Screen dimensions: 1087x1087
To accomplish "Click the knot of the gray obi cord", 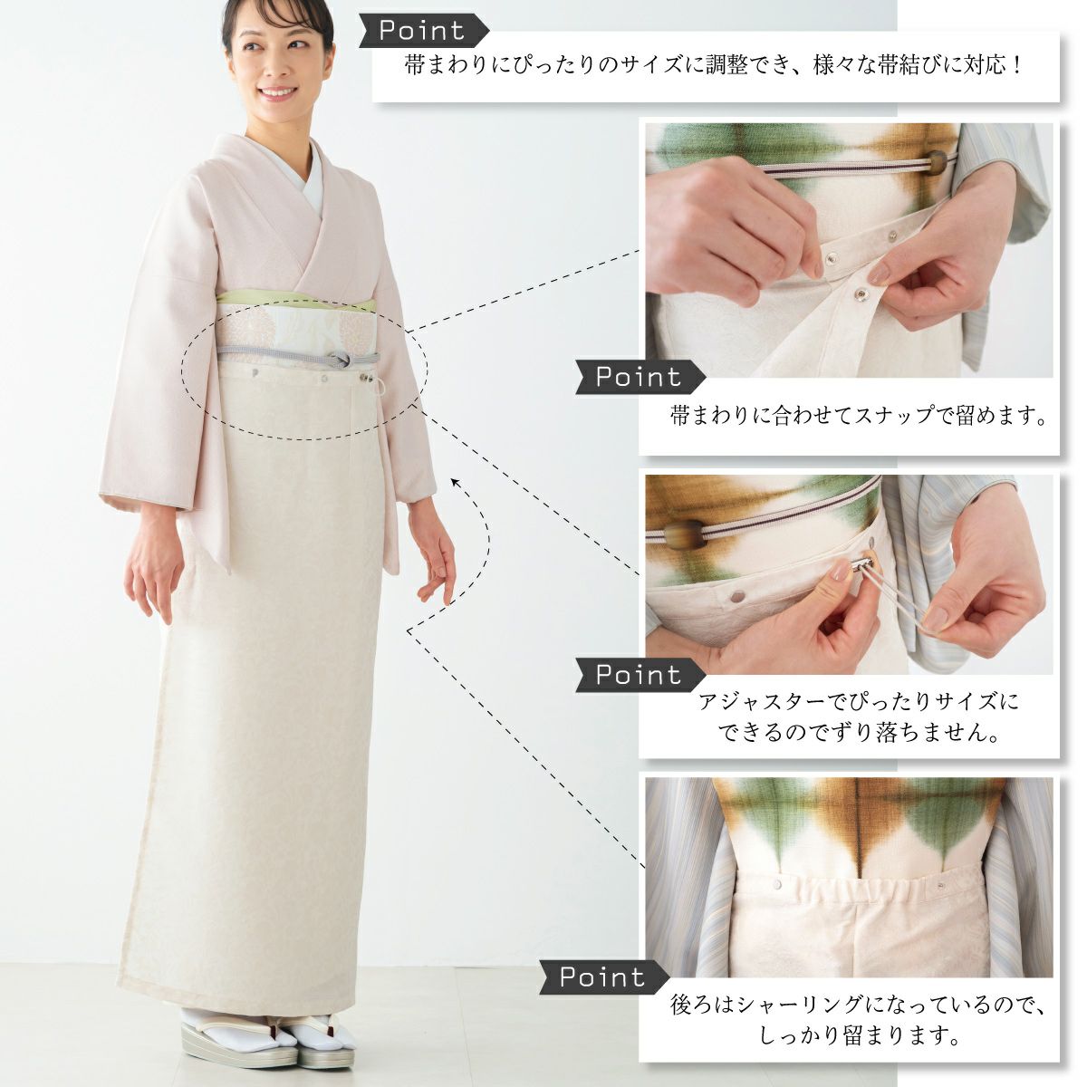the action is point(339,360).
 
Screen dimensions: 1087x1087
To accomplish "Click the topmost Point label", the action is point(424,31).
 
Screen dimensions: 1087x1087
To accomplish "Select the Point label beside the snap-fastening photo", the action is point(640,377).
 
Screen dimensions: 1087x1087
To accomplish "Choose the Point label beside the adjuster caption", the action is point(640,675).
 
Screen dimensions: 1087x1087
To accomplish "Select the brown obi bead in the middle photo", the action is point(685,534).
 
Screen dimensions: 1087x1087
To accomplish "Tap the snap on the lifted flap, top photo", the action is point(862,292).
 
